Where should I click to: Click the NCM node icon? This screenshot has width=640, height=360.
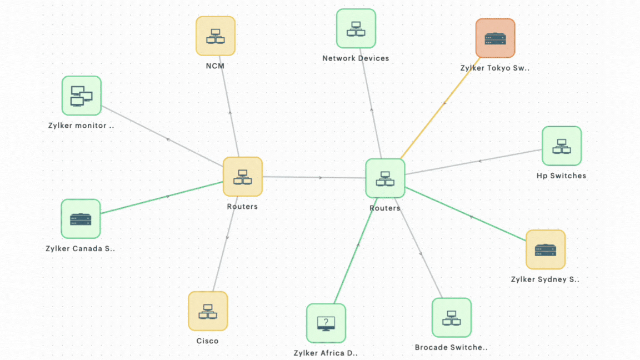[216, 36]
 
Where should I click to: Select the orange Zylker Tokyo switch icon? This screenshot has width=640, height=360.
[496, 38]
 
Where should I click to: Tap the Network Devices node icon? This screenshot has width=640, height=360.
[356, 28]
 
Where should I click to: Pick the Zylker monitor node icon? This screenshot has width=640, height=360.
[81, 96]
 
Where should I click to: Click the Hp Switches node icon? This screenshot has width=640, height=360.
[562, 146]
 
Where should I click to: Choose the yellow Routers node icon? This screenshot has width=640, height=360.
[243, 177]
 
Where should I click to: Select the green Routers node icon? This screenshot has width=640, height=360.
[385, 178]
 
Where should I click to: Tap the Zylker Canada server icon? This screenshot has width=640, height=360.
[81, 219]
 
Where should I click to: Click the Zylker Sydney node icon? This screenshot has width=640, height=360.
[546, 249]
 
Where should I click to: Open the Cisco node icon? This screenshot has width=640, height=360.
[208, 311]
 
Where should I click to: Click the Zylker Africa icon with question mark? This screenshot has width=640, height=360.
[326, 323]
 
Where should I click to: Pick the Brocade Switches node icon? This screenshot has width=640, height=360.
[452, 318]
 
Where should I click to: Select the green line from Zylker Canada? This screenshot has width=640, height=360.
[161, 198]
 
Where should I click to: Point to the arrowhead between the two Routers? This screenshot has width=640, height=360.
[321, 178]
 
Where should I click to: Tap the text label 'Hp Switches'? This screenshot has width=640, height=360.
[561, 176]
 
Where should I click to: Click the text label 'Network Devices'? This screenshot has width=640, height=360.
[356, 58]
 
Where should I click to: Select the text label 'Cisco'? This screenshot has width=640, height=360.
[207, 341]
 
